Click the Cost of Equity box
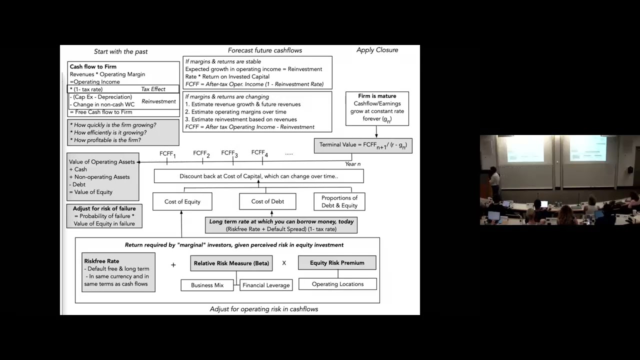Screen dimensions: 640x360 182,201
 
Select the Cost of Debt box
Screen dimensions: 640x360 267,201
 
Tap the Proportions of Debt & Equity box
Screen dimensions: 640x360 339,201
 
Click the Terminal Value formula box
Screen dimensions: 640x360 363,145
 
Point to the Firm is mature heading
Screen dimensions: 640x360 377,96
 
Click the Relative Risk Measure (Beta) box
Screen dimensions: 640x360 231,263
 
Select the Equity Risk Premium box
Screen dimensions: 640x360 337,262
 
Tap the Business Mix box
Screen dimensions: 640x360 207,285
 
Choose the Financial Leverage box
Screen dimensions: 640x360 266,285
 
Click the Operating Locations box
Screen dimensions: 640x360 337,284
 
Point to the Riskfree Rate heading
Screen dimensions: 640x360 101,261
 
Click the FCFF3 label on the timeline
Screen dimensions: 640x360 229,153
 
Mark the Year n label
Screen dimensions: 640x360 352,164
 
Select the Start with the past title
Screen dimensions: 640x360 121,51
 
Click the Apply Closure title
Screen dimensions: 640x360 377,50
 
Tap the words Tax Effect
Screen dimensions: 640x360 153,89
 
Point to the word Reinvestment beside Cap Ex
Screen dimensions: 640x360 158,101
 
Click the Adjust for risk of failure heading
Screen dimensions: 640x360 104,208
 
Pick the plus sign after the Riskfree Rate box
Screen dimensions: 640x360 173,264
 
